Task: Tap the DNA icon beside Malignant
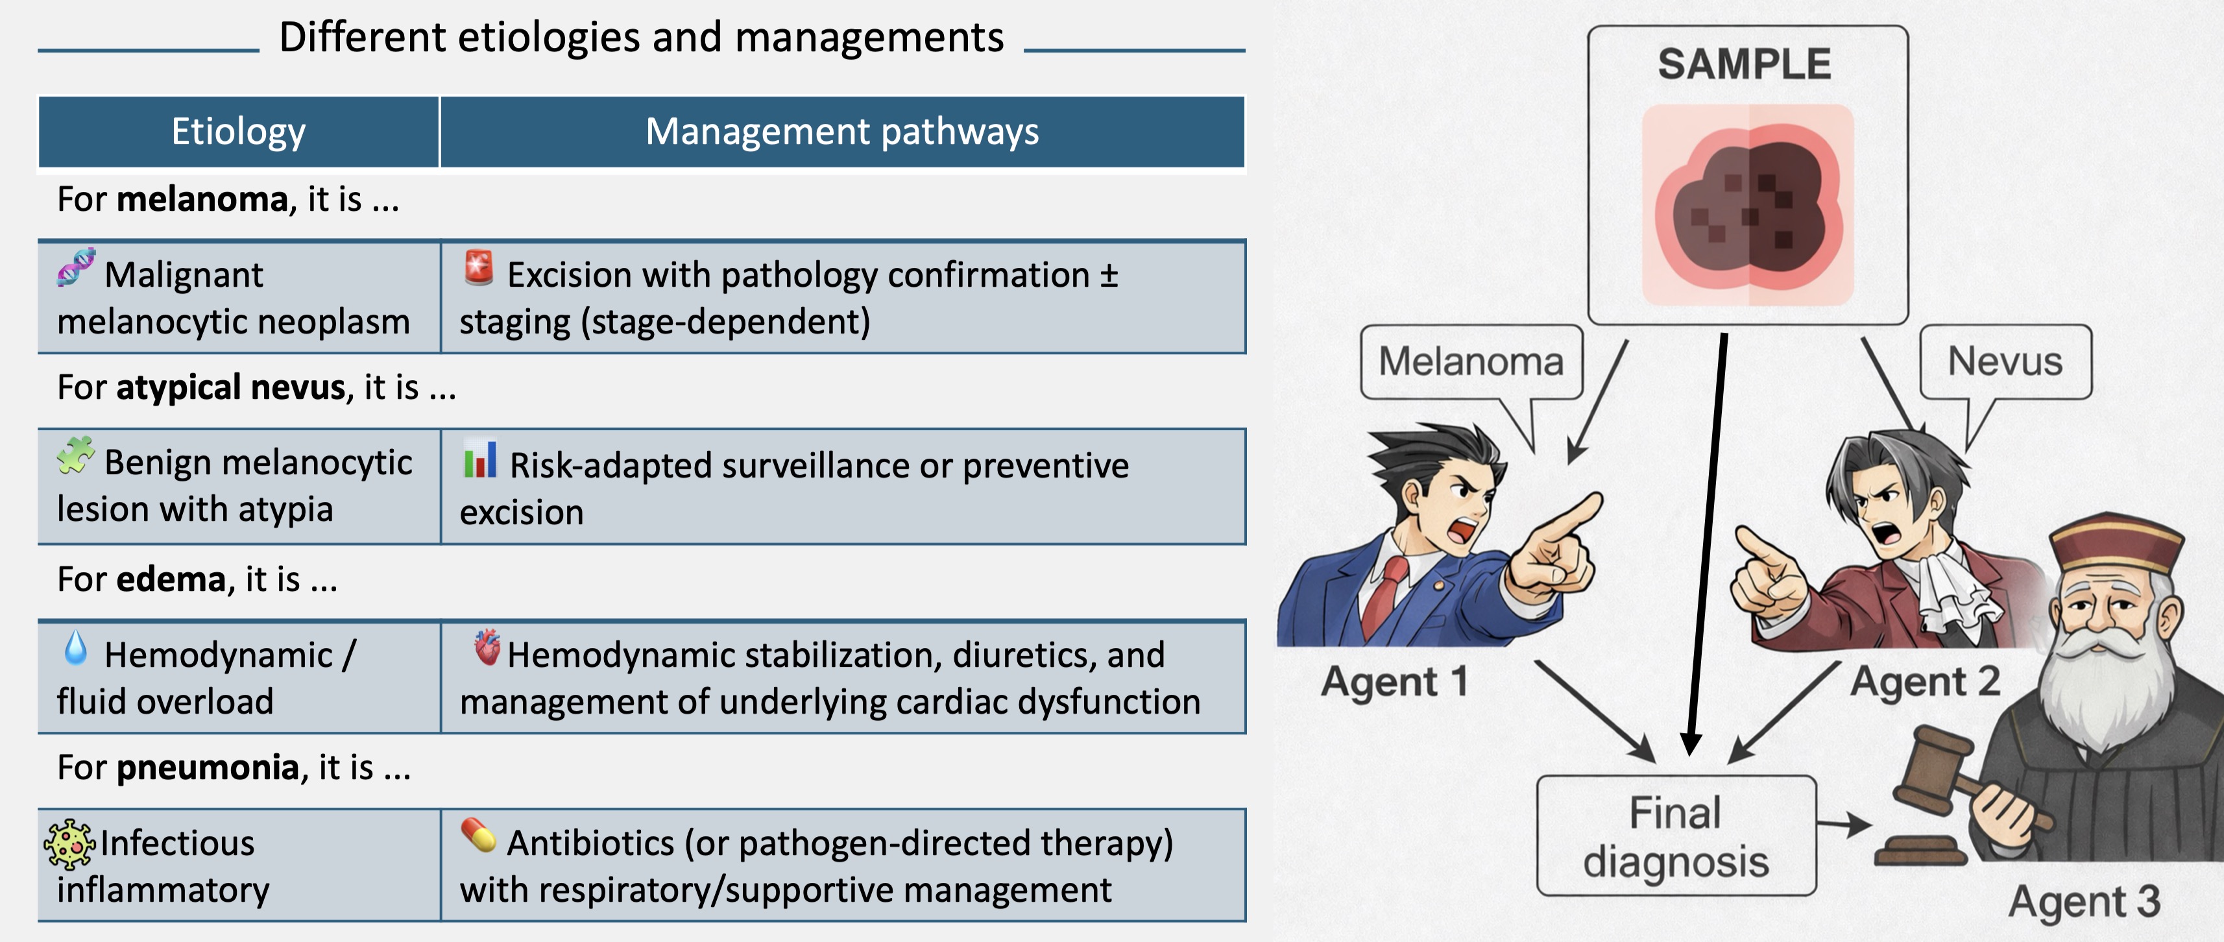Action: tap(76, 267)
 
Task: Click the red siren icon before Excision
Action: tap(478, 267)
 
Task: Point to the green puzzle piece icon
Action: tap(75, 455)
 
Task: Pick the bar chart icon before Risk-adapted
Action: tap(480, 459)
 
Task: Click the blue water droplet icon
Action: tap(76, 647)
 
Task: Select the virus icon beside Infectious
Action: tap(69, 843)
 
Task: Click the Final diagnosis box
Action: tap(1676, 836)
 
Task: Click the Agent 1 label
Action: tap(1394, 682)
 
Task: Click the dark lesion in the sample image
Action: tap(1749, 204)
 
